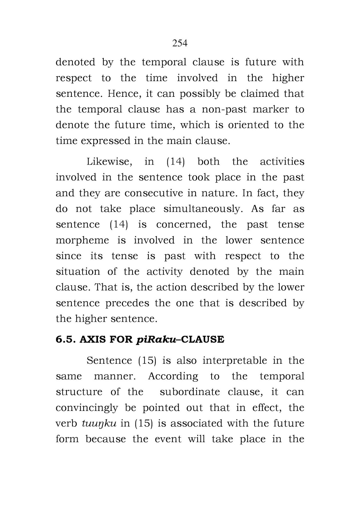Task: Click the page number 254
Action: coord(180,43)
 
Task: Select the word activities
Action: coord(282,162)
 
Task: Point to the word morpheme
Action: coord(82,240)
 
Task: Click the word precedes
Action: coord(127,303)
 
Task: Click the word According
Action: coord(173,376)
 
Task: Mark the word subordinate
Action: coord(190,392)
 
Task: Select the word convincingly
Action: coord(87,408)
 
